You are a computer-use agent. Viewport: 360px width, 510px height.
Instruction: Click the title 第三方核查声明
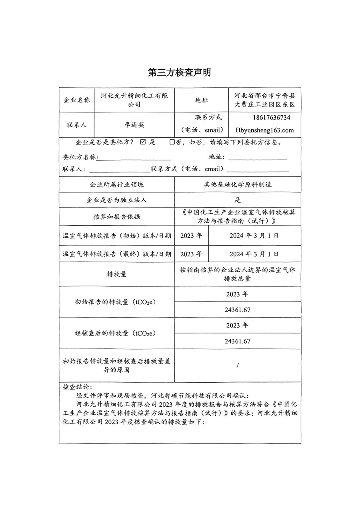coord(179,72)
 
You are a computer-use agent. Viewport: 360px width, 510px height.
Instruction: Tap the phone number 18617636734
coord(272,118)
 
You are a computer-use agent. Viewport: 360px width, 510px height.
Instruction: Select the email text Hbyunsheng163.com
coord(264,130)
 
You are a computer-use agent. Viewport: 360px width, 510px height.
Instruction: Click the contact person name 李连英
coord(134,124)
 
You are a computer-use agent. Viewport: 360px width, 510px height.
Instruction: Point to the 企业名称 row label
coord(76,100)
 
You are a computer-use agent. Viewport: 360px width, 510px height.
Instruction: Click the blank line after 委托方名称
coord(135,158)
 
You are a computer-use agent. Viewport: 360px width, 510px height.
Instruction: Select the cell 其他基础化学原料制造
coord(238,185)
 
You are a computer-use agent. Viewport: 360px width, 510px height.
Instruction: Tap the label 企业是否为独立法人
coord(116,200)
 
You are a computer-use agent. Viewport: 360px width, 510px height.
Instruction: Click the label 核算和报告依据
coord(116,217)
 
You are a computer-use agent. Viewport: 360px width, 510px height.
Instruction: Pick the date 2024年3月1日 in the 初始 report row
coord(254,235)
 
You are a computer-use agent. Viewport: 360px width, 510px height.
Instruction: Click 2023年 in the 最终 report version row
coord(191,254)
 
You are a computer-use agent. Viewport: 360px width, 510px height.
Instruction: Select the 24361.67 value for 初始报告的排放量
coord(238,310)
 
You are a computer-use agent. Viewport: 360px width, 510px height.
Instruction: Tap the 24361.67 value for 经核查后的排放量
coord(238,341)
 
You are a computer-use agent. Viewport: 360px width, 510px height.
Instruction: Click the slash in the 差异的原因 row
coord(238,365)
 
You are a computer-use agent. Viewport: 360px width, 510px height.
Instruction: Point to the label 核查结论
coord(77,387)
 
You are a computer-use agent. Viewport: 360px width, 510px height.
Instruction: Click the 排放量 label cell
coord(116,274)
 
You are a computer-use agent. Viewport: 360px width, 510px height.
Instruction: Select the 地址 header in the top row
coord(201,100)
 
